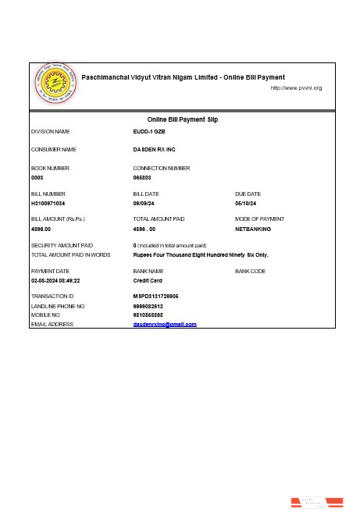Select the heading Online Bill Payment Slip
(x=183, y=119)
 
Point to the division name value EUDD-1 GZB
(x=149, y=132)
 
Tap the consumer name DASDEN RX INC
(x=154, y=149)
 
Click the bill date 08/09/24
(x=146, y=203)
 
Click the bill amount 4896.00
(x=41, y=229)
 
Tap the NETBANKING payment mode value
(x=253, y=229)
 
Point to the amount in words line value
(x=201, y=254)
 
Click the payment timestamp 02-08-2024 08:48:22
(x=55, y=279)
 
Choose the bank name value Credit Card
(x=148, y=279)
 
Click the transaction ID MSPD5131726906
(x=156, y=297)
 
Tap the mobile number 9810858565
(x=148, y=315)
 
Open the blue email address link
(x=165, y=324)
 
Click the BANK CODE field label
(x=250, y=271)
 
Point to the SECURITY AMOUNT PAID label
(x=62, y=246)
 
